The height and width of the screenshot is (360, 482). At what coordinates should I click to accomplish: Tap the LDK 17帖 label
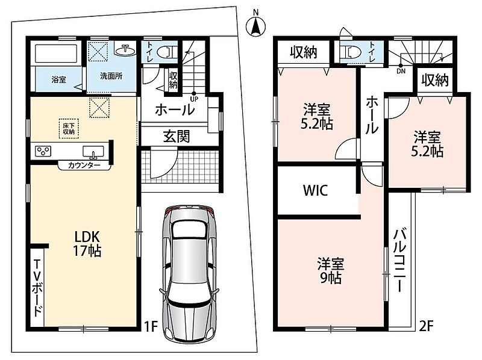[87, 244]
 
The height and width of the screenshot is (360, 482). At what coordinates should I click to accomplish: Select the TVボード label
[37, 288]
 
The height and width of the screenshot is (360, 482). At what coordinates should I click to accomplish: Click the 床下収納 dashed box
[69, 129]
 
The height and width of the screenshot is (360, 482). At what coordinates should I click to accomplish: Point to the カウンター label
[84, 166]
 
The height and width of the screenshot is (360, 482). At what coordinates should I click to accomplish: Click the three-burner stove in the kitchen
[43, 151]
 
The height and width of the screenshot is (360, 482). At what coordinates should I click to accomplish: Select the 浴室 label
[58, 79]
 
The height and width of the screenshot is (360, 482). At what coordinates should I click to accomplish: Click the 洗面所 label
[111, 76]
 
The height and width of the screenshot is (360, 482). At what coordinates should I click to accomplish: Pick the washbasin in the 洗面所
[125, 49]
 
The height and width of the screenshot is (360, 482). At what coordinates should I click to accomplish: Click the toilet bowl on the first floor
[166, 52]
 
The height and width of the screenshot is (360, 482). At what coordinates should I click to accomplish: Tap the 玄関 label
[177, 137]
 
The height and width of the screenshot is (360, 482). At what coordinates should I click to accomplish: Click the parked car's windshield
[189, 230]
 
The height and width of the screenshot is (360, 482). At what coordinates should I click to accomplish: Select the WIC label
[315, 190]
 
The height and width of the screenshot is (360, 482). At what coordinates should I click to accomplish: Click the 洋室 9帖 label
[330, 271]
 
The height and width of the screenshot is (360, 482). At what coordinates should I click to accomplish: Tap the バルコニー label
[399, 260]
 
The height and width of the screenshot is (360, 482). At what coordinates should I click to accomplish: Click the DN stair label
[401, 71]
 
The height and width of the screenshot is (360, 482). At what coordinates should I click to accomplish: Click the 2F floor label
[426, 326]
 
